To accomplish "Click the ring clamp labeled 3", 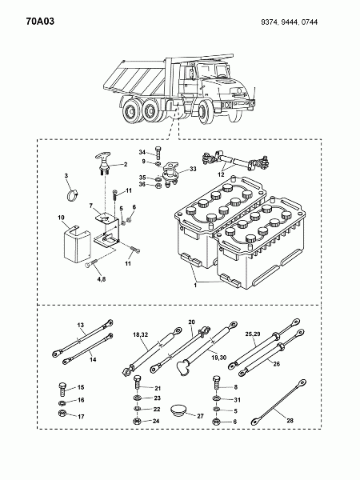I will pos(70,193).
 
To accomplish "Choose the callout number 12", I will pos(221,174).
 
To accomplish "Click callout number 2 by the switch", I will pos(124,164).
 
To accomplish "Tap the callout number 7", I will pos(91,206).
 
